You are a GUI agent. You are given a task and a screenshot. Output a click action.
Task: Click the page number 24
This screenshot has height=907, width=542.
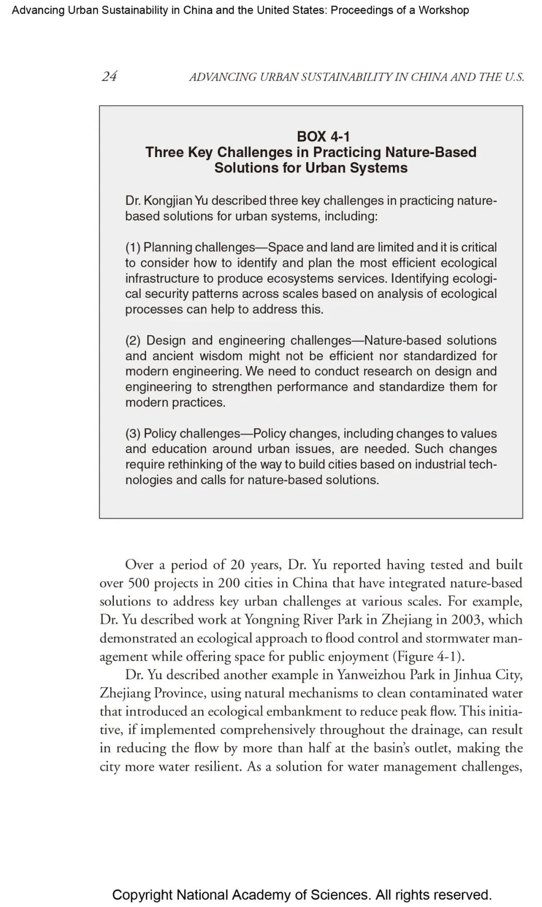(x=109, y=76)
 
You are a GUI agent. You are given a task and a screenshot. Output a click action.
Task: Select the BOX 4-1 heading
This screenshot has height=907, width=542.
(x=323, y=136)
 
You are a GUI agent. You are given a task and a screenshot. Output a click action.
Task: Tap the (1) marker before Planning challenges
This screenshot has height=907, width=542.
(x=133, y=247)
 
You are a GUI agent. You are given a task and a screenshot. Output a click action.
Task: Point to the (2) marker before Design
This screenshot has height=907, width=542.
(x=133, y=341)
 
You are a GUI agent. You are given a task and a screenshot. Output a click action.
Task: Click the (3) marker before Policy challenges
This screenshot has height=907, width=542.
(x=133, y=433)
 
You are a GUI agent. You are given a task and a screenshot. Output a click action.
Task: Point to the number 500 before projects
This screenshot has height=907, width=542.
(x=139, y=583)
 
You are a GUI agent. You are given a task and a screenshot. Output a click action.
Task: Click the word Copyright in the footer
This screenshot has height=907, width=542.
(x=142, y=895)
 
